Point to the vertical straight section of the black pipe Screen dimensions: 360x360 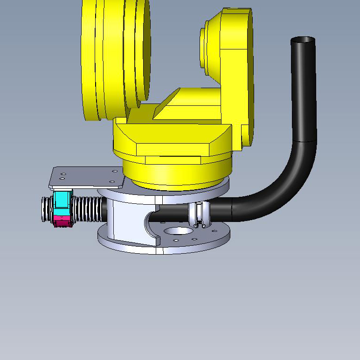304,93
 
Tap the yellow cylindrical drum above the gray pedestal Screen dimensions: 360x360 177,173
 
